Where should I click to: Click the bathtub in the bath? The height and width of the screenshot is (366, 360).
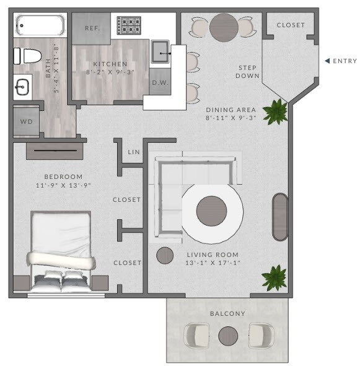click(x=41, y=26)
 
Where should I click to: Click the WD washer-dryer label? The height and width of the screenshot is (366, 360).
click(x=27, y=121)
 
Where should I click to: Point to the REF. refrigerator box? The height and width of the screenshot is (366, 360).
click(x=92, y=28)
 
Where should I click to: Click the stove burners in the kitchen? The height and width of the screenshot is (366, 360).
click(x=129, y=25)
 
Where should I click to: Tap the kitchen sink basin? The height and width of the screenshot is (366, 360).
click(x=162, y=54)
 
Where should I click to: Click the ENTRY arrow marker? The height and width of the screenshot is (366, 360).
click(x=327, y=61)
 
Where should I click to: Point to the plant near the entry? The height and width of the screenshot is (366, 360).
click(x=274, y=111)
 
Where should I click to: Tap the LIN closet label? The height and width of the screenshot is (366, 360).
click(x=133, y=152)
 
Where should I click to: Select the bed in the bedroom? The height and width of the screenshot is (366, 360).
click(x=61, y=251)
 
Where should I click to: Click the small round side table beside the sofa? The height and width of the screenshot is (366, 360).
click(x=164, y=255)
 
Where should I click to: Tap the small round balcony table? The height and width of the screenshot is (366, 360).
click(x=227, y=336)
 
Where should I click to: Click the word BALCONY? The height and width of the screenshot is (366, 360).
click(x=227, y=314)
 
